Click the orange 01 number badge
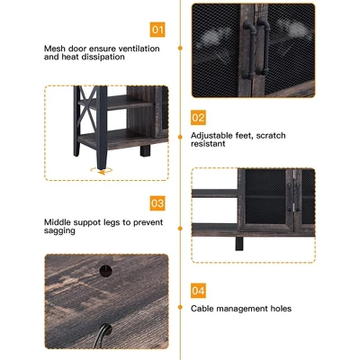tap(157, 30)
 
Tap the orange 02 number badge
tap(198, 118)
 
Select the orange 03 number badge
tap(157, 203)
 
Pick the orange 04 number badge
tap(198, 291)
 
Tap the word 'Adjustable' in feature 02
tap(211, 136)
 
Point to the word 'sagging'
tap(59, 231)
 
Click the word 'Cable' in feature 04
tap(202, 308)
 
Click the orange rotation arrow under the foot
tap(102, 171)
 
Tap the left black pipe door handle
tap(249, 48)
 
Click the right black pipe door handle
tap(265, 47)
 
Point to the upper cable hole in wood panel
tap(105, 271)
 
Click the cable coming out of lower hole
tap(101, 337)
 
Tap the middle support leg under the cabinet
tap(239, 243)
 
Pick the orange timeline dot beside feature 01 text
tap(180, 48)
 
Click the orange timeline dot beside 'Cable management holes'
tap(180, 307)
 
